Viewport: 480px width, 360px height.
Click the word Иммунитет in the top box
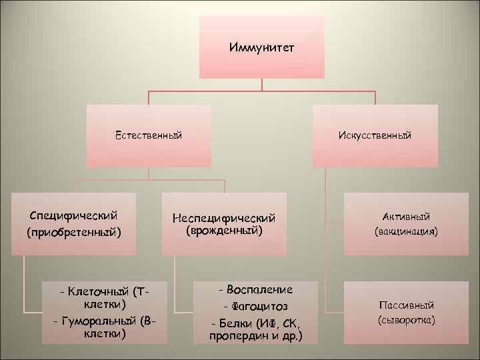pyautogui.click(x=261, y=48)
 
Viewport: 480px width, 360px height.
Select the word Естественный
pyautogui.click(x=149, y=135)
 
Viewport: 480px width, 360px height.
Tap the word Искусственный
pyautogui.click(x=375, y=135)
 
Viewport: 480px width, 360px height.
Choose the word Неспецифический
pyautogui.click(x=224, y=218)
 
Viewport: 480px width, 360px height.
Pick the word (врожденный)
pyautogui.click(x=224, y=231)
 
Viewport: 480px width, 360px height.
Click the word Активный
pyautogui.click(x=406, y=217)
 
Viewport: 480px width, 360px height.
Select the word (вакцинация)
pyautogui.click(x=406, y=233)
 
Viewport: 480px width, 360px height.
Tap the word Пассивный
pyautogui.click(x=406, y=305)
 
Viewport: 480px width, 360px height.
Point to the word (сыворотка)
pyautogui.click(x=406, y=321)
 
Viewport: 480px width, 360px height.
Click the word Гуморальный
pyautogui.click(x=100, y=321)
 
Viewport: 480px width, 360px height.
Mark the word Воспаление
pyautogui.click(x=259, y=290)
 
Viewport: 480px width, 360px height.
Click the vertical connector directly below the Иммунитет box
pyautogui.click(x=261, y=85)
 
